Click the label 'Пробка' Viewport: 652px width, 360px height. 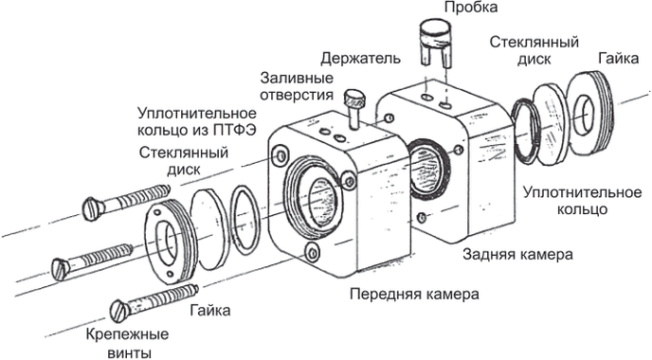pyautogui.click(x=471, y=8)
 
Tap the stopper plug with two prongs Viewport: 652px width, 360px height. pyautogui.click(x=435, y=42)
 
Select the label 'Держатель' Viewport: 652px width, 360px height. pyautogui.click(x=360, y=59)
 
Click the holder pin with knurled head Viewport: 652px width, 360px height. pyautogui.click(x=354, y=109)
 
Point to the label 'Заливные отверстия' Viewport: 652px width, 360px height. pyautogui.click(x=297, y=86)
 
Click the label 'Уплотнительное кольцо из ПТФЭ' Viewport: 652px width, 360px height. pyautogui.click(x=197, y=121)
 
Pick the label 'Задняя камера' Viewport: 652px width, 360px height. pyautogui.click(x=517, y=254)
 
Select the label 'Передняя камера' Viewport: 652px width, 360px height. pyautogui.click(x=414, y=295)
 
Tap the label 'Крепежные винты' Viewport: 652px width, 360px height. pyautogui.click(x=127, y=343)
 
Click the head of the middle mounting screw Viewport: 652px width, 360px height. pyautogui.click(x=61, y=268)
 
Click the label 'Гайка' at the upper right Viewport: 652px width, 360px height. pyautogui.click(x=618, y=59)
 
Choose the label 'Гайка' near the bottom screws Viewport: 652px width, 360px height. pyautogui.click(x=210, y=310)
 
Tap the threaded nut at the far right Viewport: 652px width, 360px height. pyautogui.click(x=590, y=113)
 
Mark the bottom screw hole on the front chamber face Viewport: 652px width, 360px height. pyautogui.click(x=313, y=251)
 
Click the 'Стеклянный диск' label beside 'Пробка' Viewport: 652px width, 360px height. pyautogui.click(x=534, y=50)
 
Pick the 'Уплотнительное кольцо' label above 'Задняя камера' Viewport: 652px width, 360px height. pyautogui.click(x=582, y=201)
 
